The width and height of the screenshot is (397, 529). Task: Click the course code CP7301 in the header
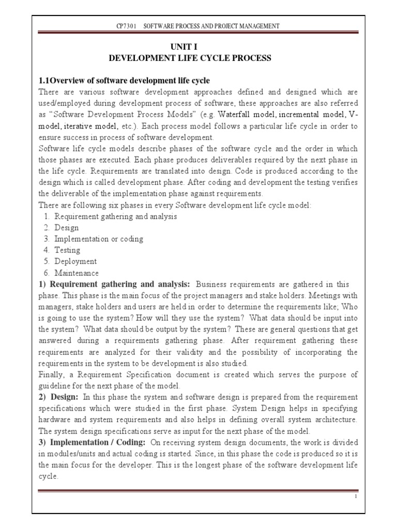(126, 26)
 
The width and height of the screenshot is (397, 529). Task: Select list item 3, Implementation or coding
(99, 239)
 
